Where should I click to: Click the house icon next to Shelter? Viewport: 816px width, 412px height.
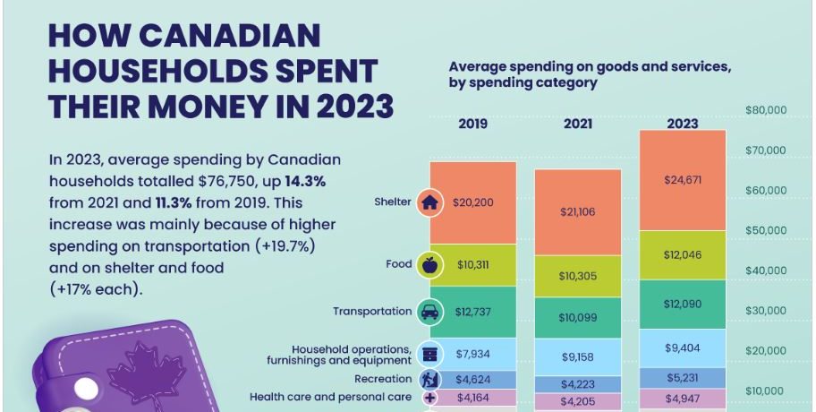pyautogui.click(x=429, y=202)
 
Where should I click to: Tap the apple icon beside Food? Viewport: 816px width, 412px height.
pyautogui.click(x=429, y=265)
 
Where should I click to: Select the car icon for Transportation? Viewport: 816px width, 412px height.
pyautogui.click(x=429, y=312)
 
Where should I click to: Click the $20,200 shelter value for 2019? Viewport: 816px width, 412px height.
pyautogui.click(x=472, y=202)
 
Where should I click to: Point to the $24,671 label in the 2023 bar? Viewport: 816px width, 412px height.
pyautogui.click(x=683, y=180)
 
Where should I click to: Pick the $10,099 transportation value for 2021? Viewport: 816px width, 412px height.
pyautogui.click(x=578, y=317)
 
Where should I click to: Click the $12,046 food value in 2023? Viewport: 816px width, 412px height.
pyautogui.click(x=683, y=254)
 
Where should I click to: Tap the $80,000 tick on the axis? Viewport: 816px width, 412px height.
pyautogui.click(x=766, y=110)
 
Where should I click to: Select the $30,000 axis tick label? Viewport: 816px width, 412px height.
pyautogui.click(x=766, y=311)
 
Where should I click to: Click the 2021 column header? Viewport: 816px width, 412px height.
pyautogui.click(x=578, y=124)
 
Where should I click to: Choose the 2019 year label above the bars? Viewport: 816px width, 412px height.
pyautogui.click(x=472, y=124)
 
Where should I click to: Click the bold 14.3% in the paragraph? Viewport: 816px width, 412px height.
pyautogui.click(x=305, y=181)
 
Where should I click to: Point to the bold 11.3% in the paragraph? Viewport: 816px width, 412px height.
pyautogui.click(x=176, y=202)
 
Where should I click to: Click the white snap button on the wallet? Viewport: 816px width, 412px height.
pyautogui.click(x=86, y=389)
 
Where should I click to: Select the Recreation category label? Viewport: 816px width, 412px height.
pyautogui.click(x=383, y=379)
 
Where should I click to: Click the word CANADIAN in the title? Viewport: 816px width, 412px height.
pyautogui.click(x=229, y=36)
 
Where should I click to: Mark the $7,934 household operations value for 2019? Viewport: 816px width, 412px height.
pyautogui.click(x=472, y=354)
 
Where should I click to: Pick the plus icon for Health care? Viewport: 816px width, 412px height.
pyautogui.click(x=429, y=398)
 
